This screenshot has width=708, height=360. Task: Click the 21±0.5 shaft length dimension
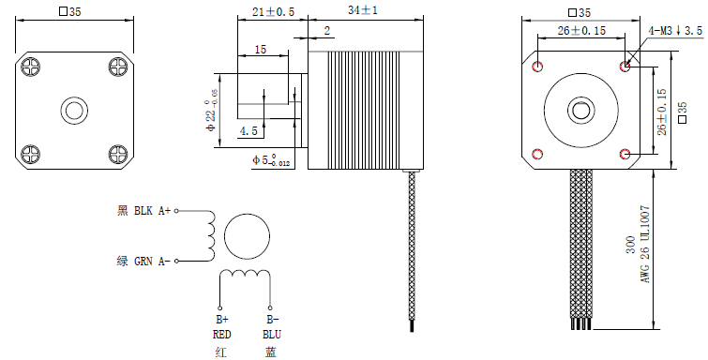coord(273,11)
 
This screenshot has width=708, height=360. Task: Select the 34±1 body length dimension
coord(363,10)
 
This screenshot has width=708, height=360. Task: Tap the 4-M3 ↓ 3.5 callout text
coord(675,31)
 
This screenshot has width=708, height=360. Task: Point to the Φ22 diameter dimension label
coord(211,111)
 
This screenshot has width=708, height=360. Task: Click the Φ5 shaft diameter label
coord(271,160)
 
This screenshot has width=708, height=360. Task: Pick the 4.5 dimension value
coord(249,131)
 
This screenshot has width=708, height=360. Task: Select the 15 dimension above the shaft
coord(261,50)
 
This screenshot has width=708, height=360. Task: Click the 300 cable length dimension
coord(631,245)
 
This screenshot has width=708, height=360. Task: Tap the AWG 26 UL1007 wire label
coord(645,245)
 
